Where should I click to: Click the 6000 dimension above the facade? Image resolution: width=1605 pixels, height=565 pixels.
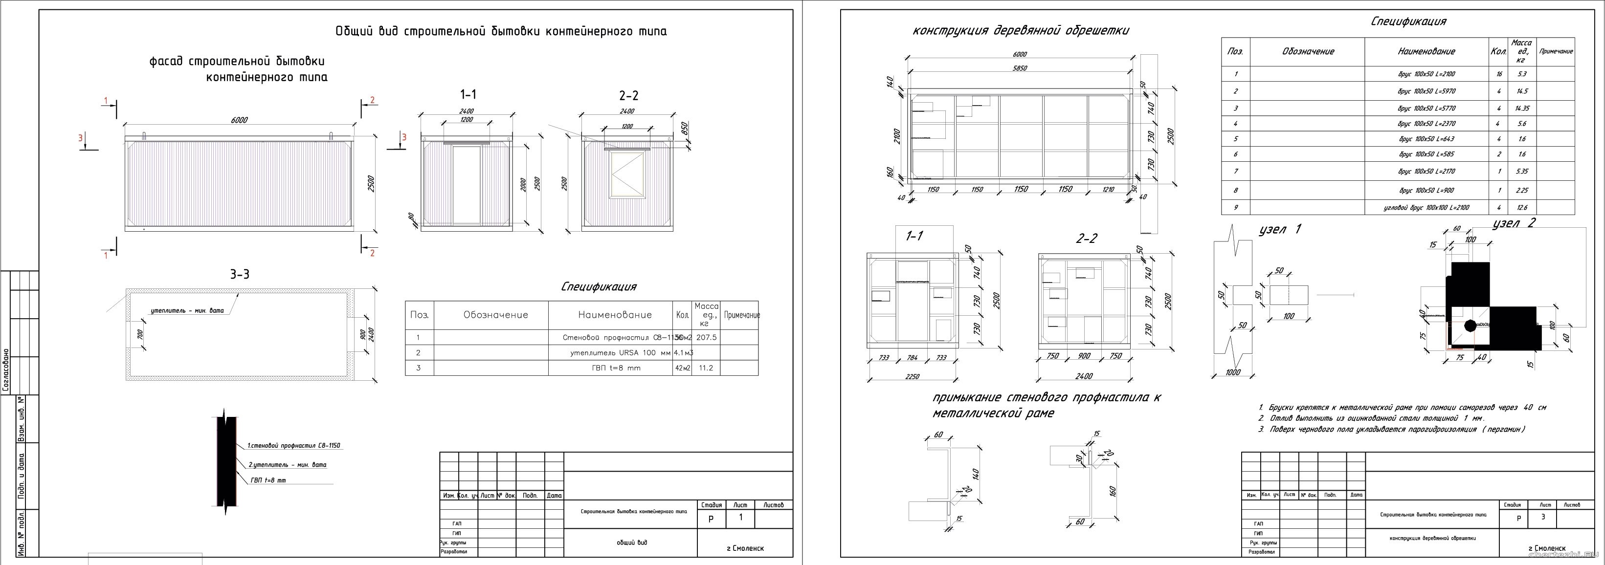[x=239, y=120]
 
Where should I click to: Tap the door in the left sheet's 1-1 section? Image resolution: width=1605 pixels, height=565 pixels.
[x=467, y=184]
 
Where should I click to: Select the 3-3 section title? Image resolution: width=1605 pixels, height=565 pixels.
[x=240, y=274]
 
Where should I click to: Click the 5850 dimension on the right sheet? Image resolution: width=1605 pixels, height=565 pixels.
[x=1020, y=68]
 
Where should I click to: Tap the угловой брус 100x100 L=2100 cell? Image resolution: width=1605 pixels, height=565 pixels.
[x=1426, y=207]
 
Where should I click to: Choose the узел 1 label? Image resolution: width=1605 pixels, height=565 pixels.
[x=1280, y=230]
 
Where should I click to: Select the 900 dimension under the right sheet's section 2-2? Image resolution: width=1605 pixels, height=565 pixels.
[x=1084, y=356]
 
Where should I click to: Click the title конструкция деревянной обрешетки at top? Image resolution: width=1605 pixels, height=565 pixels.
[x=1021, y=30]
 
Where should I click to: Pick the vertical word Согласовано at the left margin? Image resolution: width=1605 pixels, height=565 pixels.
[x=5, y=370]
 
